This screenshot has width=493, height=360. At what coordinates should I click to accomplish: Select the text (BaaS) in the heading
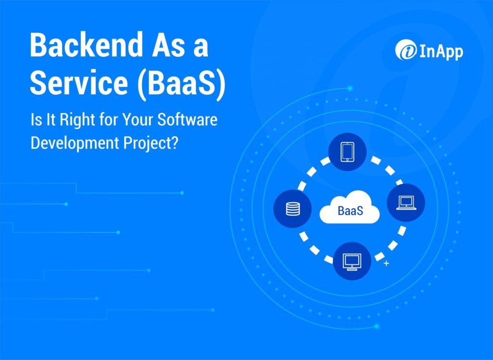pos(178,83)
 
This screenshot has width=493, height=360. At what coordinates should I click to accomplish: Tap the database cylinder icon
pos(292,209)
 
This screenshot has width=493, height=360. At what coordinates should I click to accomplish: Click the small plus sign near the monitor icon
pos(386,264)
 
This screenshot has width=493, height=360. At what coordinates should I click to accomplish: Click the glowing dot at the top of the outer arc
pos(350,88)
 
